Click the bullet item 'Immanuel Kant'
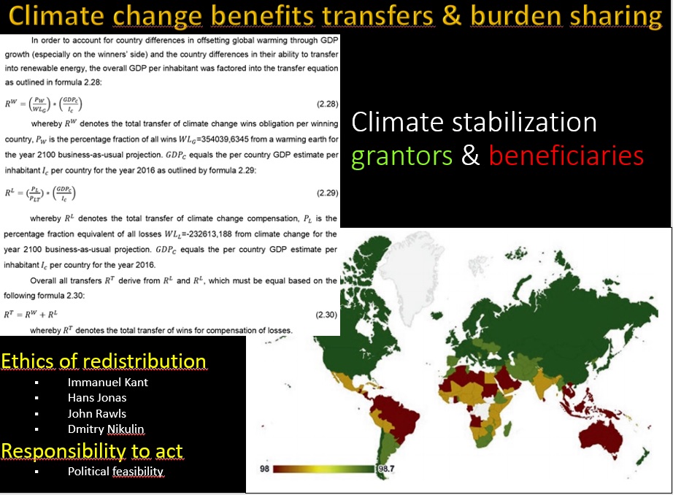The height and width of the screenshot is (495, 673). tap(108, 382)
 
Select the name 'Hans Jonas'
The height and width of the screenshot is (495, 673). tap(97, 398)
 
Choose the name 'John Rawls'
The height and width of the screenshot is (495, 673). tap(97, 414)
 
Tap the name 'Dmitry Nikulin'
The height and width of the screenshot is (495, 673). tap(107, 429)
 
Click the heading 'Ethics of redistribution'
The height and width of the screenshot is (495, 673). tap(104, 361)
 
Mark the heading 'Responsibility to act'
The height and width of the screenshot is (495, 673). tap(92, 451)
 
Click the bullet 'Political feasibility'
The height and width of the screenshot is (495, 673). tap(116, 472)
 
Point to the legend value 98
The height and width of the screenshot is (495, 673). tap(265, 467)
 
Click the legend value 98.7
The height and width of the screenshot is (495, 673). tap(385, 467)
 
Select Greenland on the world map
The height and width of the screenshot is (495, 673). tap(409, 266)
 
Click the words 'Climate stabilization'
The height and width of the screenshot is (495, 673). tap(474, 121)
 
